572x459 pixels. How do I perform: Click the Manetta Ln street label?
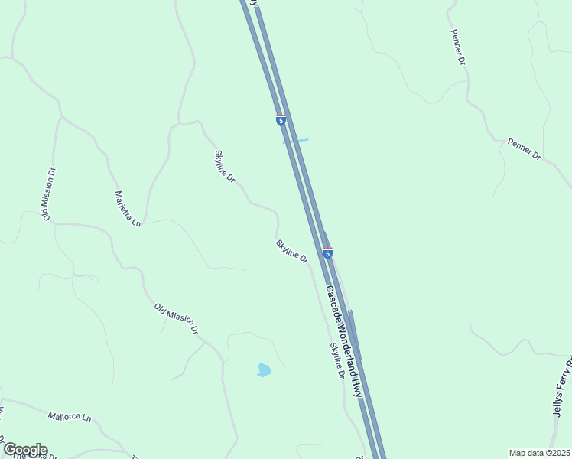(x=128, y=209)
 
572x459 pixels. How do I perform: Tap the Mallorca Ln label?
(x=70, y=418)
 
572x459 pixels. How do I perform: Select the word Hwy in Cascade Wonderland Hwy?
(x=356, y=388)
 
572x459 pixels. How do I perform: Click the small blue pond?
(x=264, y=370)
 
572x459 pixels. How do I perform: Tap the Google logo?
(x=24, y=450)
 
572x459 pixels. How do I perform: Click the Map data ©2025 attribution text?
(x=540, y=453)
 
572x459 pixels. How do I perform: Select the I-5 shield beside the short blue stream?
(x=281, y=120)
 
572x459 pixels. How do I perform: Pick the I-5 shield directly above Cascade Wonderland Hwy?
(x=327, y=252)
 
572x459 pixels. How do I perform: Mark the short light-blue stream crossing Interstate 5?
(x=296, y=141)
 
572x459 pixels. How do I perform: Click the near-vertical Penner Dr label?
(x=458, y=47)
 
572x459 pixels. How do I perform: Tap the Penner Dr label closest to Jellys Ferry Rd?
(x=524, y=149)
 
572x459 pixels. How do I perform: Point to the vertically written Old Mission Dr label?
(x=50, y=194)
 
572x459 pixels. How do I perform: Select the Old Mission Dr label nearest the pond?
(x=177, y=319)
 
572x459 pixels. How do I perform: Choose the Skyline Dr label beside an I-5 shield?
(x=291, y=251)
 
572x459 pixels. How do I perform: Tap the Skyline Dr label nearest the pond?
(x=337, y=360)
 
